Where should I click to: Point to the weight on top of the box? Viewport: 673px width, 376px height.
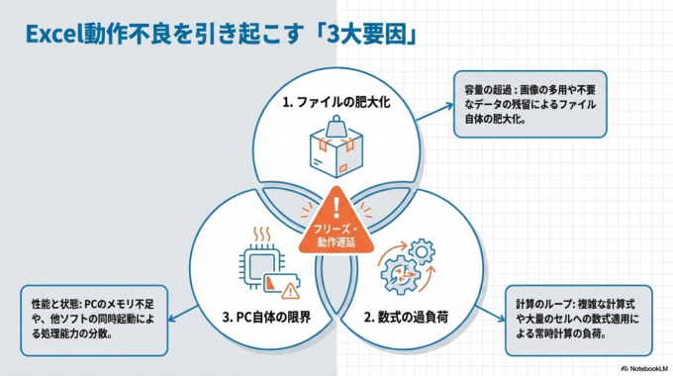(334, 127)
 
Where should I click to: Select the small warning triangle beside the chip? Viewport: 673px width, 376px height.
(290, 290)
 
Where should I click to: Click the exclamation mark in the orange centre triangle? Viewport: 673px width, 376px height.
(337, 208)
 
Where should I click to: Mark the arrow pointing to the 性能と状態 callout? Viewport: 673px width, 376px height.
(178, 315)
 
